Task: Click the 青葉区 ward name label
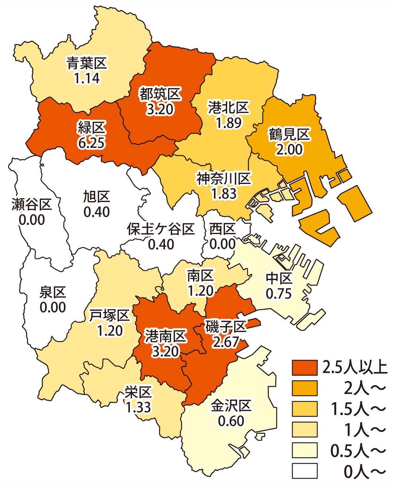pos(87,63)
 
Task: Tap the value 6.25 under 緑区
pos(91,143)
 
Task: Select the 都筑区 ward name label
pos(160,94)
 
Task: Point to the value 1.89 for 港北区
pos(229,123)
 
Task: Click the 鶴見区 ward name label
pos(289,135)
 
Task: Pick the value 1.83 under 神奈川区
pos(224,194)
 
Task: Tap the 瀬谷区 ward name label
pos(32,205)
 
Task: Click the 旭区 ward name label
pos(96,197)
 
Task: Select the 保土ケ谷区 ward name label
pos(161,229)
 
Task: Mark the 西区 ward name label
pos(223,229)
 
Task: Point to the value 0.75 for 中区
pos(279,293)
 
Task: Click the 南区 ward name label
pos(201,276)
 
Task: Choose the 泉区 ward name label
pos(53,292)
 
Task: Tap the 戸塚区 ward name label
pos(110,316)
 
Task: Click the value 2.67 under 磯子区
pos(226,342)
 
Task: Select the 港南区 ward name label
pos(166,337)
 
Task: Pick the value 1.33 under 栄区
pos(138,407)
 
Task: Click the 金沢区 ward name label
pos(231,406)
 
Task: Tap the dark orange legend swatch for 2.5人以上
pos(304,367)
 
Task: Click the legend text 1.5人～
pos(358,409)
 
